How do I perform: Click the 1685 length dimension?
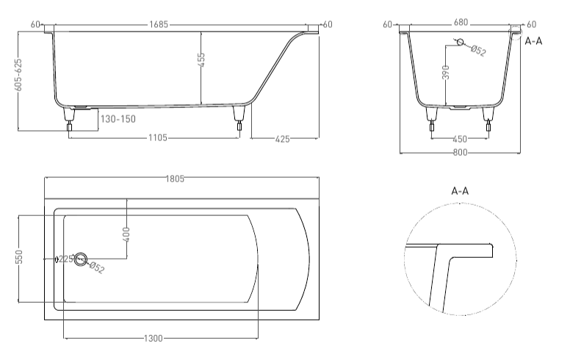coord(159,24)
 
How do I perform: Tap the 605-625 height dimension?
coord(18,75)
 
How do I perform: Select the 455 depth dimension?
coord(201,60)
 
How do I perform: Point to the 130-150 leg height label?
coord(118,119)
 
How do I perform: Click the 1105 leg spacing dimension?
coord(158,137)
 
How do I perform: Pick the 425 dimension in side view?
coord(283,139)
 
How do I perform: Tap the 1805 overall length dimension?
coord(176,179)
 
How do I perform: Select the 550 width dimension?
coord(19,256)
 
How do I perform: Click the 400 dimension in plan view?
coord(126,235)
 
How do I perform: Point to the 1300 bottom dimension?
coord(154,339)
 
